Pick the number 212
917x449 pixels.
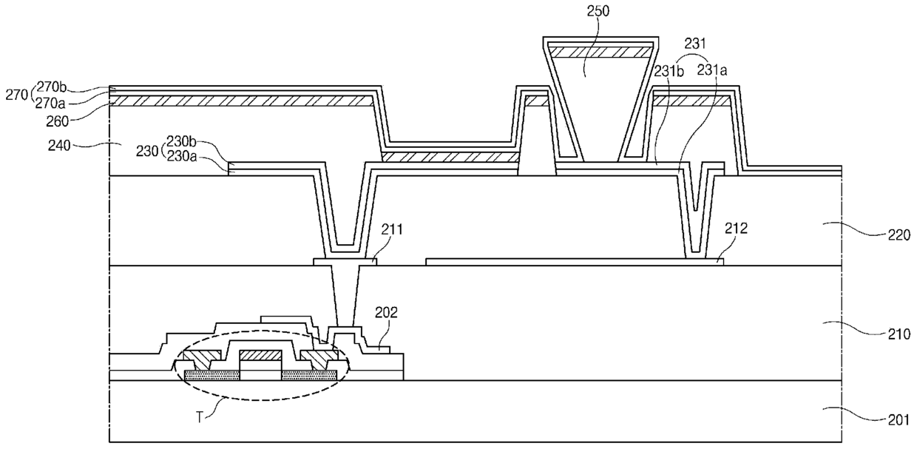736,229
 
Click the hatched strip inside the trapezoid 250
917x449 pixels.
600,52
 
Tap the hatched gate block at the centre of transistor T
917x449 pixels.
260,356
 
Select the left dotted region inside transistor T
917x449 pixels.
212,374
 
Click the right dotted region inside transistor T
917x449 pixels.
309,374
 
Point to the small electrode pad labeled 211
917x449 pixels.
345,262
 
